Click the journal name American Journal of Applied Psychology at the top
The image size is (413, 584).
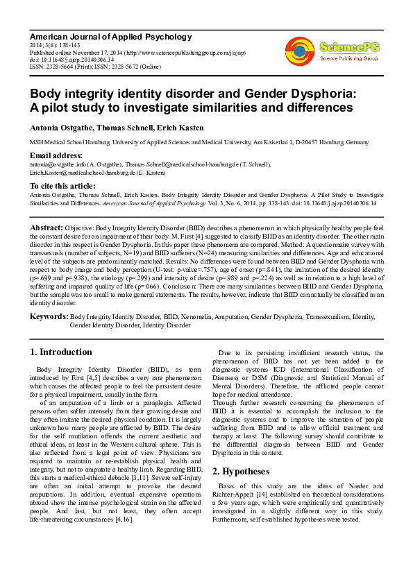click(110, 36)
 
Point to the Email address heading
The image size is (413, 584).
click(56, 155)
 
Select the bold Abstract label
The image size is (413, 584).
click(47, 227)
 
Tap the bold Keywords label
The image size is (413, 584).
click(49, 316)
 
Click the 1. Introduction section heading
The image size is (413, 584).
click(62, 352)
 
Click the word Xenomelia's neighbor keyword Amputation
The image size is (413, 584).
click(226, 316)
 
